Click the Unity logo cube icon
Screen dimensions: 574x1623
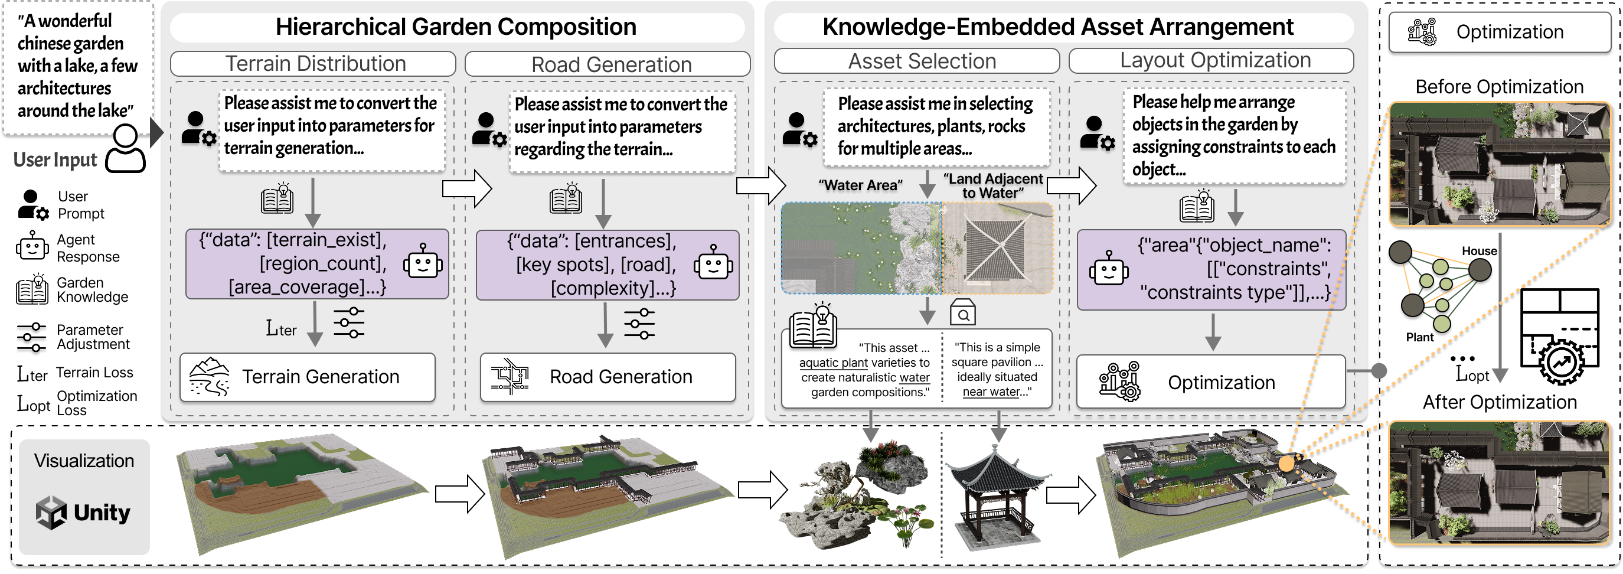tap(51, 512)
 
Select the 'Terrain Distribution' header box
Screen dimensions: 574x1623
tap(313, 64)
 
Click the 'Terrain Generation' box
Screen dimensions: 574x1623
tap(308, 377)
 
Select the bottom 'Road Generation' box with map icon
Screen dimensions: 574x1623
tap(608, 377)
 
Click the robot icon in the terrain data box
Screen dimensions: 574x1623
tap(423, 263)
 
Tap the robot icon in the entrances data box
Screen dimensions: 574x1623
tap(713, 263)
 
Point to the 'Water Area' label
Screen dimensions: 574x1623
tap(860, 185)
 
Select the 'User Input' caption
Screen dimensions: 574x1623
tap(55, 160)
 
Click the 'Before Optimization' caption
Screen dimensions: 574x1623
tap(1499, 87)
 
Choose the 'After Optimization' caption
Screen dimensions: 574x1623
tap(1500, 402)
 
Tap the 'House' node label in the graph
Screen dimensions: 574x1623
tap(1479, 251)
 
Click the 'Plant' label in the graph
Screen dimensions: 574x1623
tap(1419, 338)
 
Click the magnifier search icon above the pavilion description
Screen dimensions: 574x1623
tap(963, 312)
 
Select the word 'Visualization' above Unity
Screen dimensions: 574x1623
tap(84, 461)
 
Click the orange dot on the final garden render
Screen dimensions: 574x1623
tap(1286, 464)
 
